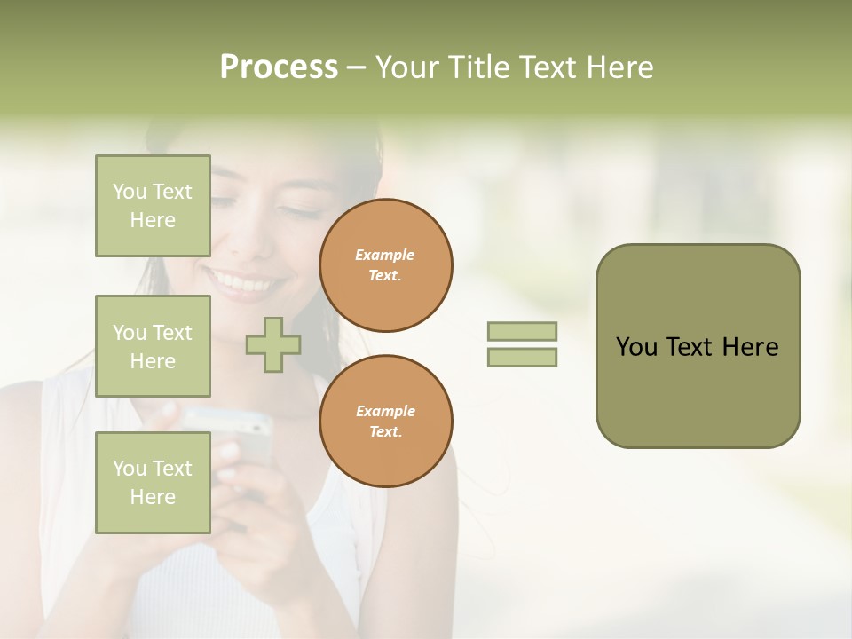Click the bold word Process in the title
coord(279,67)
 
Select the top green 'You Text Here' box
coord(153,206)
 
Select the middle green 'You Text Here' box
coord(153,346)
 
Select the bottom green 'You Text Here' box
coord(153,482)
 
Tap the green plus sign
coord(273,344)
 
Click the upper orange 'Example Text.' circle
coord(386,265)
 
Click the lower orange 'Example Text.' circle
coord(386,421)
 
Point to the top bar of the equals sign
coord(522,331)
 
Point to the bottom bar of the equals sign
coord(522,357)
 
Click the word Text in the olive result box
coord(691,347)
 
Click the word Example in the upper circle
coord(385,255)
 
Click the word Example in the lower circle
coord(385,411)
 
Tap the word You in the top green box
coord(130,192)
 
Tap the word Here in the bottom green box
coord(153,497)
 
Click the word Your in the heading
coord(408,67)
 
